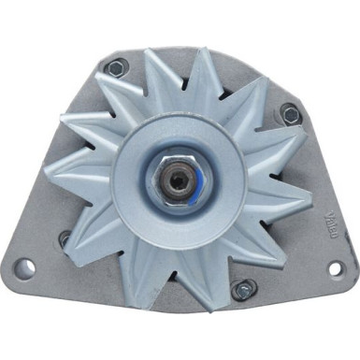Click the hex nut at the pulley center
point(179,178)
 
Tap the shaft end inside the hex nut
point(179,178)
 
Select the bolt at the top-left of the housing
point(116,67)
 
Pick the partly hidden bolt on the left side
point(64,238)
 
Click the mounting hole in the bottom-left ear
point(27,268)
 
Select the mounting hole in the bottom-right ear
point(334,268)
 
